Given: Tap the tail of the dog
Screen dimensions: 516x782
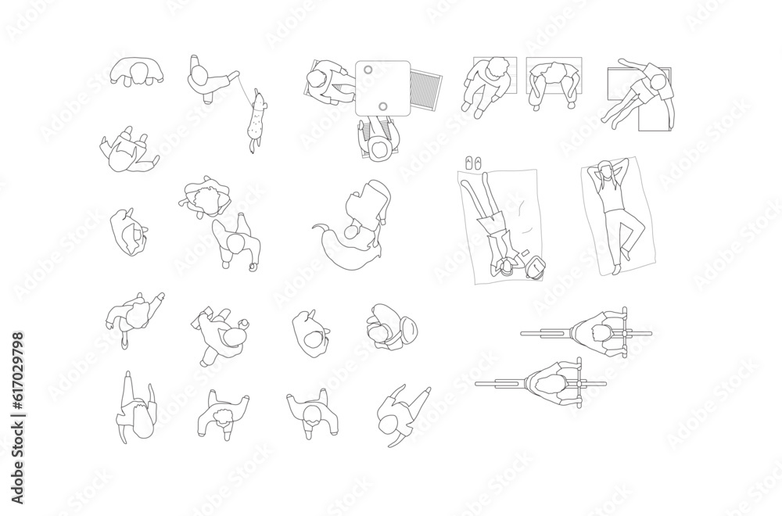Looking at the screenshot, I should [252, 146].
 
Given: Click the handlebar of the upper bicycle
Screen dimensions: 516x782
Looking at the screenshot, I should [624, 333].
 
